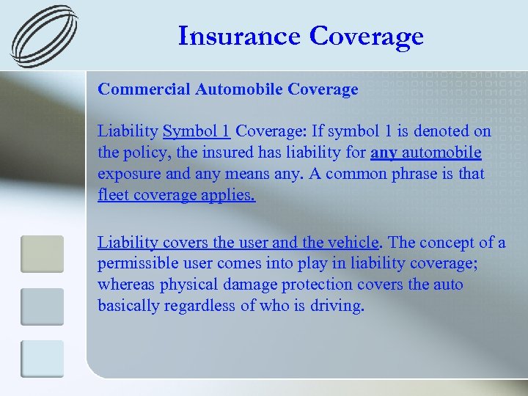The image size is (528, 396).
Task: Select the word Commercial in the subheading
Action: pos(144,89)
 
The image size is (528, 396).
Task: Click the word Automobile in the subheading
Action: pos(239,89)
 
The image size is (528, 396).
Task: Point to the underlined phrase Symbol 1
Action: pos(197,131)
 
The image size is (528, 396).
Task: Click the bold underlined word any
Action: pos(384,153)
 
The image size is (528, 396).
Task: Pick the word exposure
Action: pos(128,174)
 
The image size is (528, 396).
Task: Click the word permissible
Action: pos(135,263)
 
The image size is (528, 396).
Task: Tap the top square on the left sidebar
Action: pos(42,254)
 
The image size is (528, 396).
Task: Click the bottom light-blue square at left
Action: pos(42,359)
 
